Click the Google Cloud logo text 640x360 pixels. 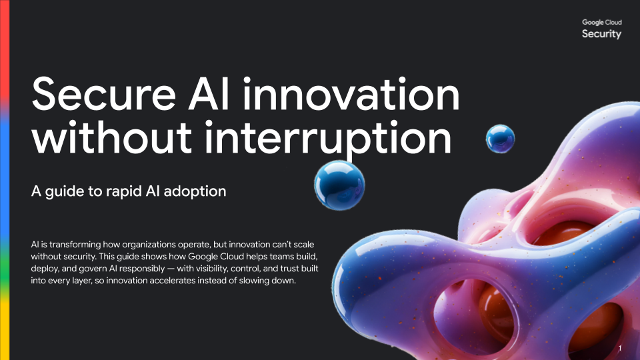601,22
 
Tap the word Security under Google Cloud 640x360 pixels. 601,34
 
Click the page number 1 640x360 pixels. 620,349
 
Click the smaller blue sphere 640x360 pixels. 500,138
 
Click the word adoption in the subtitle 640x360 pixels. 198,191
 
